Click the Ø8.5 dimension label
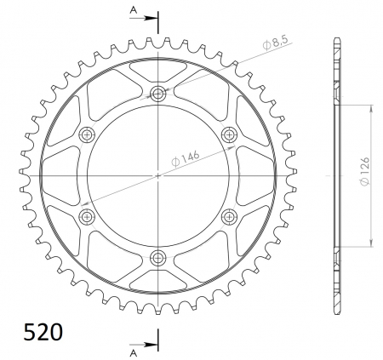click(275, 43)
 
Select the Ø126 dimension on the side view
click(365, 171)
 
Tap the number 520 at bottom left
click(43, 332)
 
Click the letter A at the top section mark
click(134, 10)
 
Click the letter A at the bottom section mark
click(134, 353)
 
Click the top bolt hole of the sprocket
click(158, 93)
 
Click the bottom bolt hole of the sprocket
click(158, 258)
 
